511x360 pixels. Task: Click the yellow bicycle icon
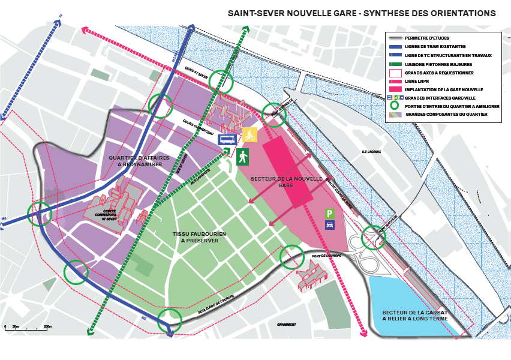pos(250,134)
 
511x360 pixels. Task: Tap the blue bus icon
pos(227,140)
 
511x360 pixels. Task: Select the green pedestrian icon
pos(242,157)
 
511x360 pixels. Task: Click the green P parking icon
pos(329,214)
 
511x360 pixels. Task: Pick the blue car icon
pos(329,225)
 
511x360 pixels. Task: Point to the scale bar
pos(26,328)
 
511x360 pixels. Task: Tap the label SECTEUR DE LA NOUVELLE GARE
pos(279,182)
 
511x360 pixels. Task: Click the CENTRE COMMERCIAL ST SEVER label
pos(110,215)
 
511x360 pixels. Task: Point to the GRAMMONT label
pos(287,325)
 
